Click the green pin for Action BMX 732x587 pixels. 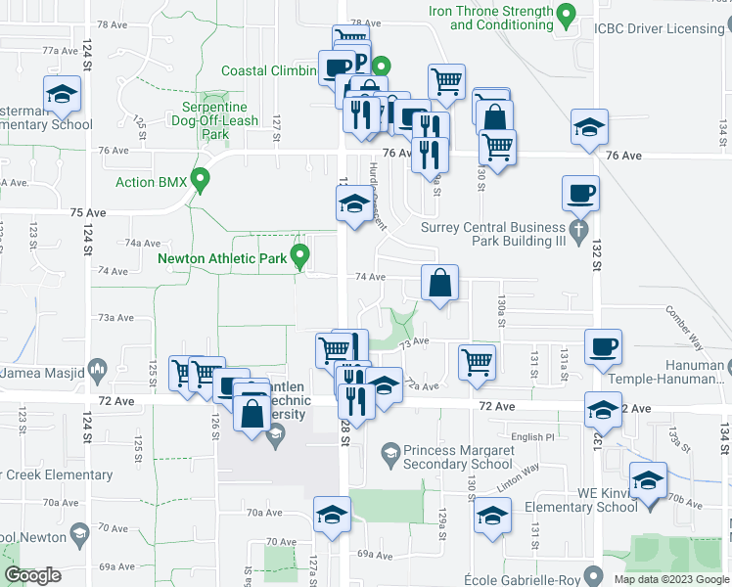[201, 181]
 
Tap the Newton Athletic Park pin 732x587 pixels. [300, 258]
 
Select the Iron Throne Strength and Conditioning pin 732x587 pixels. [566, 15]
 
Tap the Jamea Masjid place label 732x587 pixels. [49, 372]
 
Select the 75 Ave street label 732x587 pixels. [87, 212]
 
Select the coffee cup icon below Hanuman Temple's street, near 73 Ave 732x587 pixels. [602, 346]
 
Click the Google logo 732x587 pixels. [33, 575]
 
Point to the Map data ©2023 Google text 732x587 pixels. [670, 579]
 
